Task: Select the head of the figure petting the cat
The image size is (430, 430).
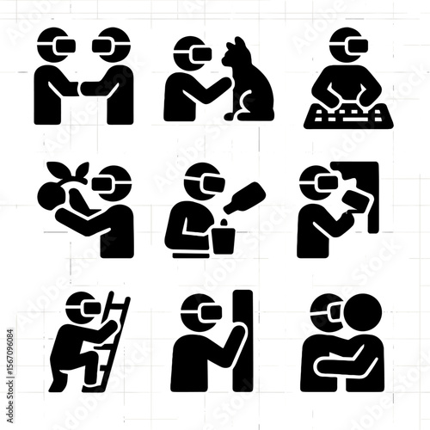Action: click(190, 53)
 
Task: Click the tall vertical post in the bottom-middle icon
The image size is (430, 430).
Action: click(243, 340)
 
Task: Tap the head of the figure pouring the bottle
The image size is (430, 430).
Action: click(200, 180)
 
